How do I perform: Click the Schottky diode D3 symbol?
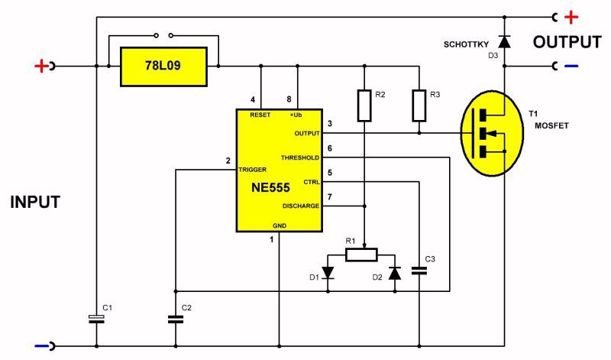503,39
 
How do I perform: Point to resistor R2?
365,105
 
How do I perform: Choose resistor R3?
419,105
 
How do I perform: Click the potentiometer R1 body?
361,255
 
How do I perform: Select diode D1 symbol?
328,272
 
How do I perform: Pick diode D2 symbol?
395,272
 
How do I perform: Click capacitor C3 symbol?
419,270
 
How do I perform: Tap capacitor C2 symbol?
176,319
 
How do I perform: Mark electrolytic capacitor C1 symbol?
95,319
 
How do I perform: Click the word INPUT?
35,203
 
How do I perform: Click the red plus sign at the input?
40,66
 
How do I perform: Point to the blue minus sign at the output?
571,66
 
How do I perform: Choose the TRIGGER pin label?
253,170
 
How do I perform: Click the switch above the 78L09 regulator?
163,35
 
